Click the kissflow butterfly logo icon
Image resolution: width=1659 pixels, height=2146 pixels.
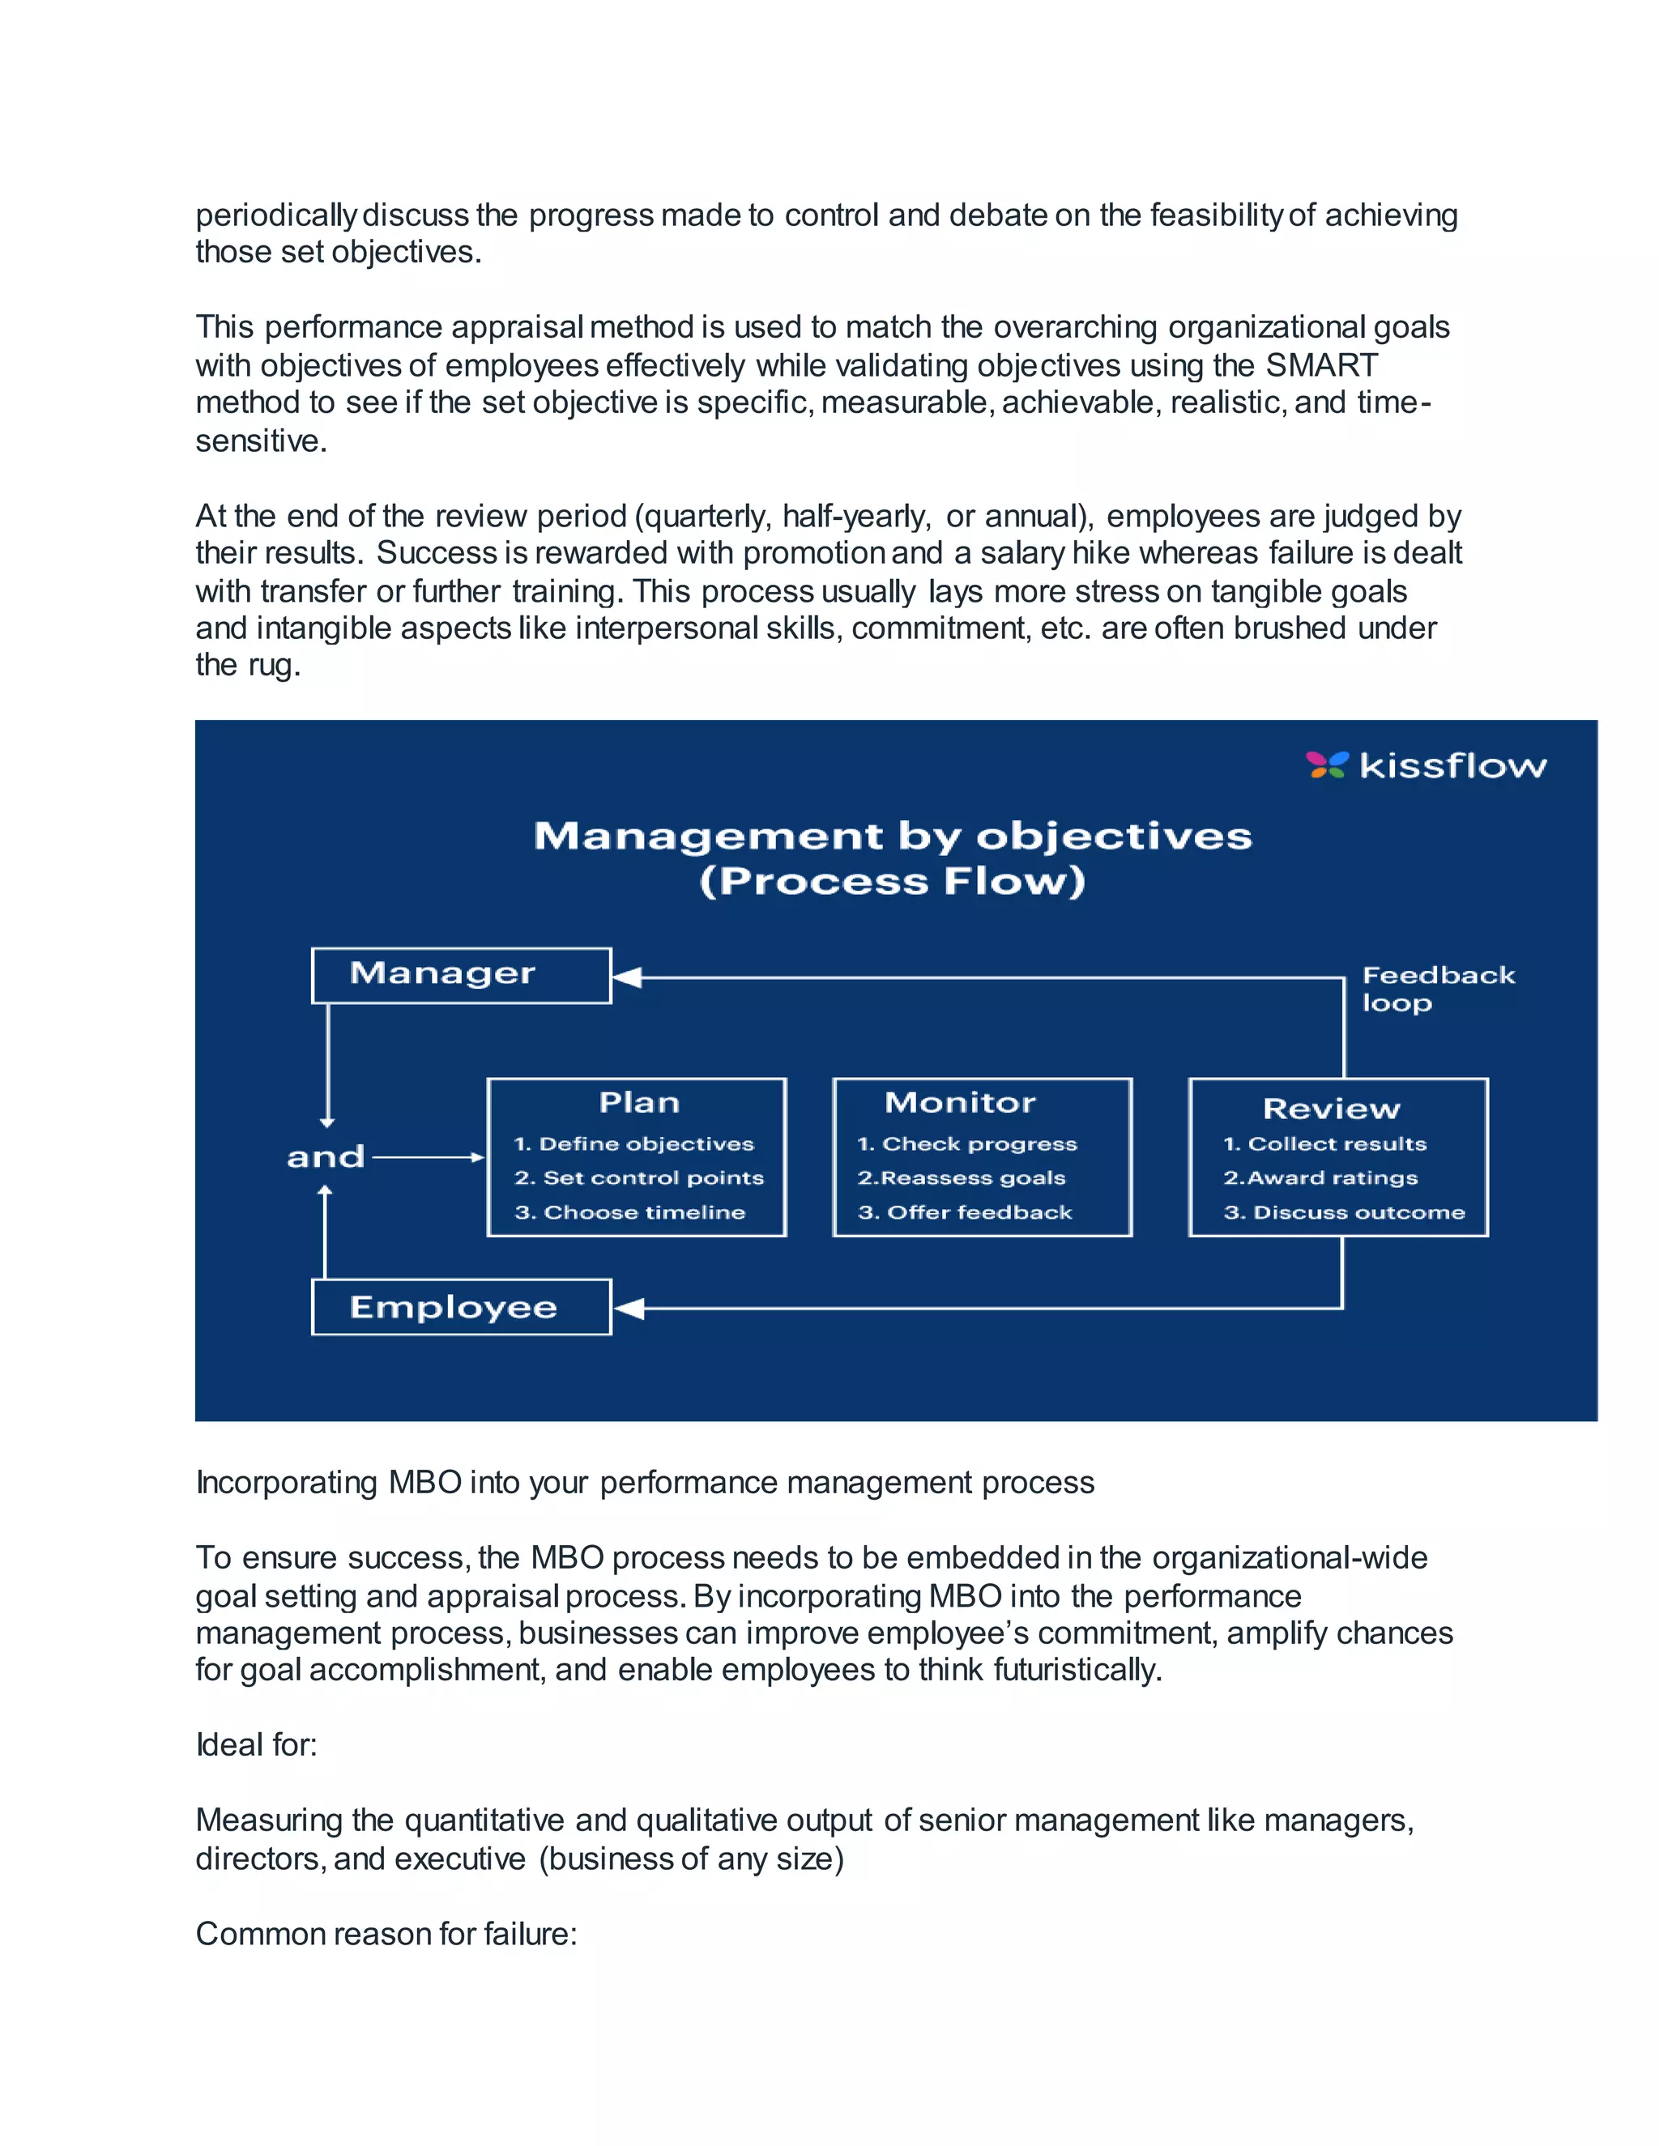[x=1327, y=764]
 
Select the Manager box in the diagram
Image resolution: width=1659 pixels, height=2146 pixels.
[x=461, y=975]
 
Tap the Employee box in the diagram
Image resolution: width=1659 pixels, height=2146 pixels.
[x=461, y=1307]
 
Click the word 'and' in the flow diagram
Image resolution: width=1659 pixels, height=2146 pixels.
[x=326, y=1156]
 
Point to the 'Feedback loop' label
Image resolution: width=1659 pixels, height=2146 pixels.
[x=1437, y=989]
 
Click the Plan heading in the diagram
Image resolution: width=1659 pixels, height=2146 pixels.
[x=639, y=1102]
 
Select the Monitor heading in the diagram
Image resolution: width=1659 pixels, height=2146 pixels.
[x=960, y=1102]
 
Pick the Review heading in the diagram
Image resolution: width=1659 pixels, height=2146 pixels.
[x=1331, y=1109]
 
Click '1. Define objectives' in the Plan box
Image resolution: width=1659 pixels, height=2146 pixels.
[x=634, y=1143]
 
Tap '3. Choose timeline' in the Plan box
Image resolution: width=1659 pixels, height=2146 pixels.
[x=630, y=1212]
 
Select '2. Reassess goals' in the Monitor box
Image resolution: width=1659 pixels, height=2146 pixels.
[x=962, y=1178]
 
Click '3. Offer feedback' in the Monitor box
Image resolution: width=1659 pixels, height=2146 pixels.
[x=965, y=1212]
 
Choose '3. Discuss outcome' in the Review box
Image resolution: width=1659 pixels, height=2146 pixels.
[x=1344, y=1212]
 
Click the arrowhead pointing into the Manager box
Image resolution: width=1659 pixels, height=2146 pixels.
[x=627, y=977]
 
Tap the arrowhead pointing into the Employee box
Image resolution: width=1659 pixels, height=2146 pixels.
[x=629, y=1309]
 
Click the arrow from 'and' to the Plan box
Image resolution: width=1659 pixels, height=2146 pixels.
[x=429, y=1157]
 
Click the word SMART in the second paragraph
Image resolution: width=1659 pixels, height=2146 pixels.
[x=1321, y=365]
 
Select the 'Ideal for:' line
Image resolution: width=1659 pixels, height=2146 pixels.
[x=257, y=1745]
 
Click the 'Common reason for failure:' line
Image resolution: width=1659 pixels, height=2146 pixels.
[x=386, y=1934]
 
